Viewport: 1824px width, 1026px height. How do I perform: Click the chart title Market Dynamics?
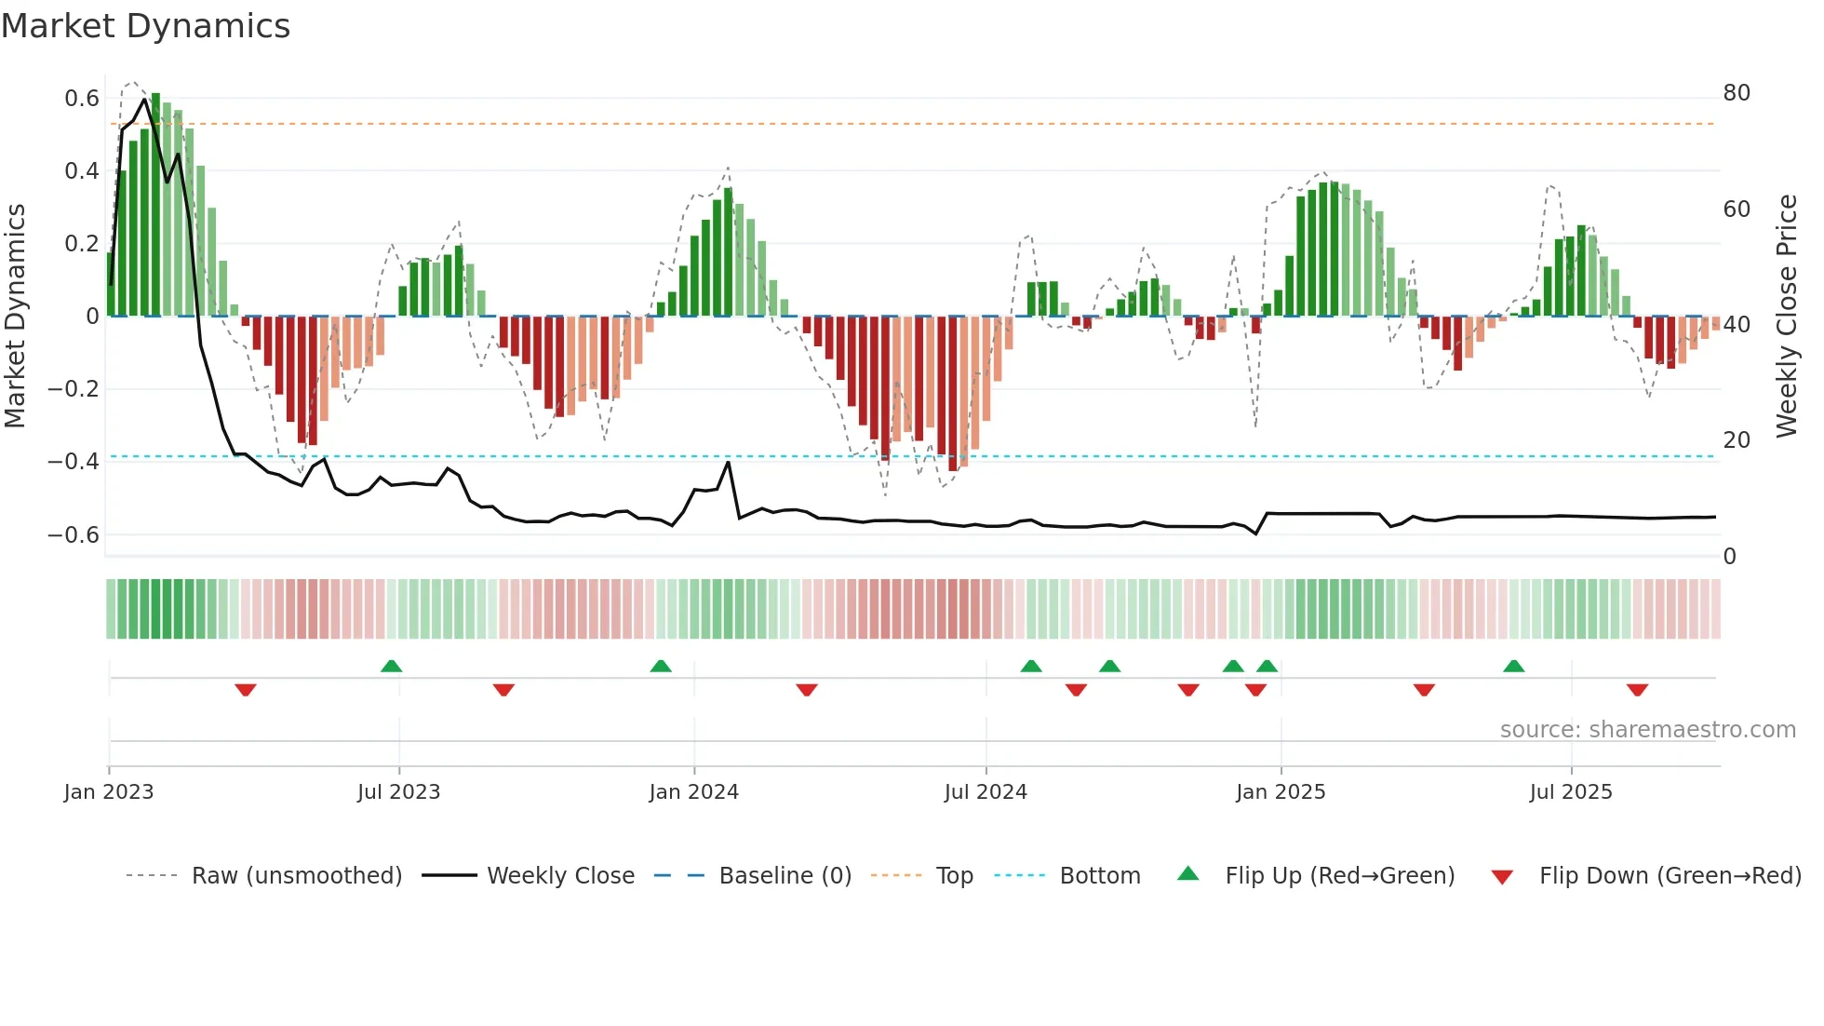pyautogui.click(x=146, y=26)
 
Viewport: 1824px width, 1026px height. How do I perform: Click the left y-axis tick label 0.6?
pyautogui.click(x=82, y=98)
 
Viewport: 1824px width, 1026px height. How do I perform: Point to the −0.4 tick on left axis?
pyautogui.click(x=74, y=462)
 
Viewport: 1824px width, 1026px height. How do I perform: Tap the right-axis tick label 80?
pyautogui.click(x=1736, y=93)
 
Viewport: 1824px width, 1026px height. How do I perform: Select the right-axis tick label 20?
pyautogui.click(x=1736, y=440)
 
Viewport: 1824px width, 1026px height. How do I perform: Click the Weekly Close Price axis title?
pyautogui.click(x=1786, y=317)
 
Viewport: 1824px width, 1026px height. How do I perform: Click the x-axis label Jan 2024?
pyautogui.click(x=693, y=792)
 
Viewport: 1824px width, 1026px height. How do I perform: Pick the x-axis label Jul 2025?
pyautogui.click(x=1570, y=792)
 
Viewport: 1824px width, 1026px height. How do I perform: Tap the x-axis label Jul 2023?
pyautogui.click(x=398, y=792)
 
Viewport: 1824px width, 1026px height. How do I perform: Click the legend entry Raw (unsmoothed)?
pyautogui.click(x=296, y=876)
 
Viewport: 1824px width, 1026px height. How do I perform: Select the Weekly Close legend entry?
pyautogui.click(x=560, y=876)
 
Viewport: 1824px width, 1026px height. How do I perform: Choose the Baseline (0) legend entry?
pyautogui.click(x=785, y=876)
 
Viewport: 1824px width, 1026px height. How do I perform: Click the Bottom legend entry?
pyautogui.click(x=1099, y=876)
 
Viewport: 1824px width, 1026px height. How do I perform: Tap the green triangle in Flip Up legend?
pyautogui.click(x=1188, y=873)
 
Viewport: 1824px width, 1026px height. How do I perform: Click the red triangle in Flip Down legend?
pyautogui.click(x=1502, y=877)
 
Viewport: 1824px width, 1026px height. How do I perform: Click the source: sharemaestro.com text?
pyautogui.click(x=1647, y=730)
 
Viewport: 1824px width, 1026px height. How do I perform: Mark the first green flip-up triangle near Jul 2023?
pyautogui.click(x=392, y=666)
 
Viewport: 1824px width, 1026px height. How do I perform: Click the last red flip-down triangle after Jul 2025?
pyautogui.click(x=1637, y=690)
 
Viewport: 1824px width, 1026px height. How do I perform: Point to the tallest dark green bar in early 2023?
pyautogui.click(x=155, y=205)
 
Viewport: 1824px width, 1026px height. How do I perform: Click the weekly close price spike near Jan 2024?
pyautogui.click(x=728, y=462)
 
